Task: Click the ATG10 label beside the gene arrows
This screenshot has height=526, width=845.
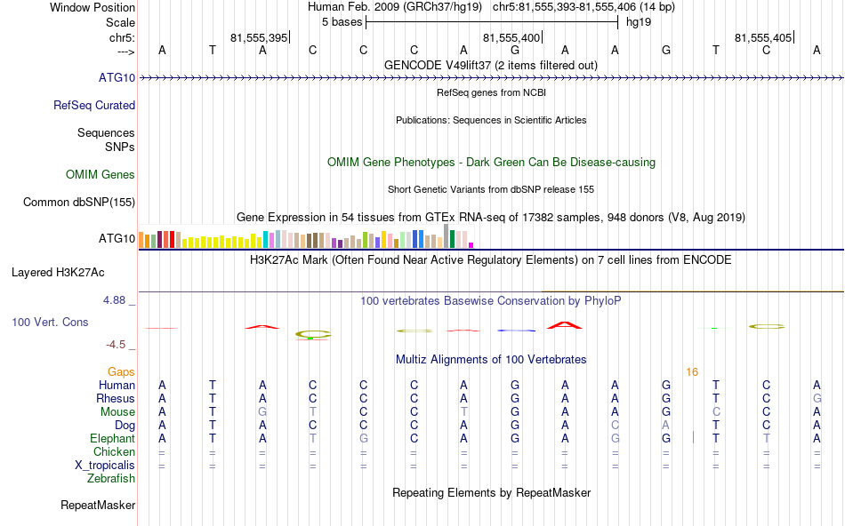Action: [117, 78]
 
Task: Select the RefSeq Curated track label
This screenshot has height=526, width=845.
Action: [94, 105]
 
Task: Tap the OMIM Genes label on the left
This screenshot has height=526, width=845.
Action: [101, 174]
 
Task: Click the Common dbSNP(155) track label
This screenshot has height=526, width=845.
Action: [79, 203]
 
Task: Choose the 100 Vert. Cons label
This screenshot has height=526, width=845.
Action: [50, 322]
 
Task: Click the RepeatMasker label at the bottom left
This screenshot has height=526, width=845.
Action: [98, 506]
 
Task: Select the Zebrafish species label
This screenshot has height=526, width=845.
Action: [111, 478]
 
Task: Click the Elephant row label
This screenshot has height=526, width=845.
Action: [112, 438]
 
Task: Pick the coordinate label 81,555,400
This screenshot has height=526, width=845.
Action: [511, 38]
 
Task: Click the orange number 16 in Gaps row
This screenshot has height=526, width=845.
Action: [692, 371]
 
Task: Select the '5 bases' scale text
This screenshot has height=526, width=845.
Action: [342, 22]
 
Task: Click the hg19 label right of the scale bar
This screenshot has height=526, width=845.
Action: [639, 22]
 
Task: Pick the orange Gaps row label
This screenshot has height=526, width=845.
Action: [122, 371]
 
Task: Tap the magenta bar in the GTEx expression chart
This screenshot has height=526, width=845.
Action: [471, 245]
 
